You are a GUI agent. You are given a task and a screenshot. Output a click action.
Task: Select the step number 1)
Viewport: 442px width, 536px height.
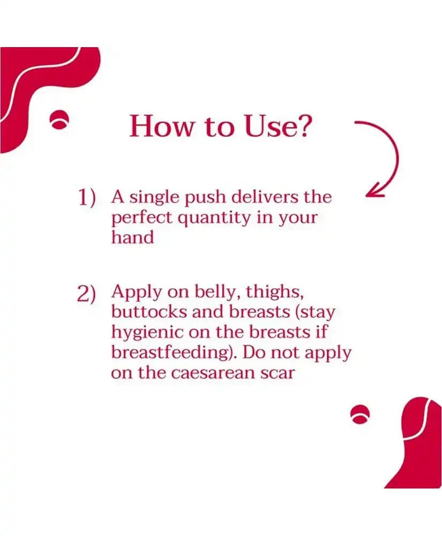tap(86, 198)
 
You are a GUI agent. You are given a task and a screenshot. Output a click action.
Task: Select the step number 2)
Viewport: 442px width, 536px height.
tap(86, 294)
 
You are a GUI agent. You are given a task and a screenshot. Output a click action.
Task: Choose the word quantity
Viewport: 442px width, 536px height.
tap(214, 219)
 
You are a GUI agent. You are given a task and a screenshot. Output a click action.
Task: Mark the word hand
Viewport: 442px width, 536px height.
tap(132, 237)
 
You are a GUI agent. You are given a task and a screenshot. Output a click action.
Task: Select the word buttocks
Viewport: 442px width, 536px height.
tap(149, 311)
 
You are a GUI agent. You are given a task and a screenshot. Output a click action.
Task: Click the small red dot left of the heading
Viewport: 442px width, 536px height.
tap(60, 120)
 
